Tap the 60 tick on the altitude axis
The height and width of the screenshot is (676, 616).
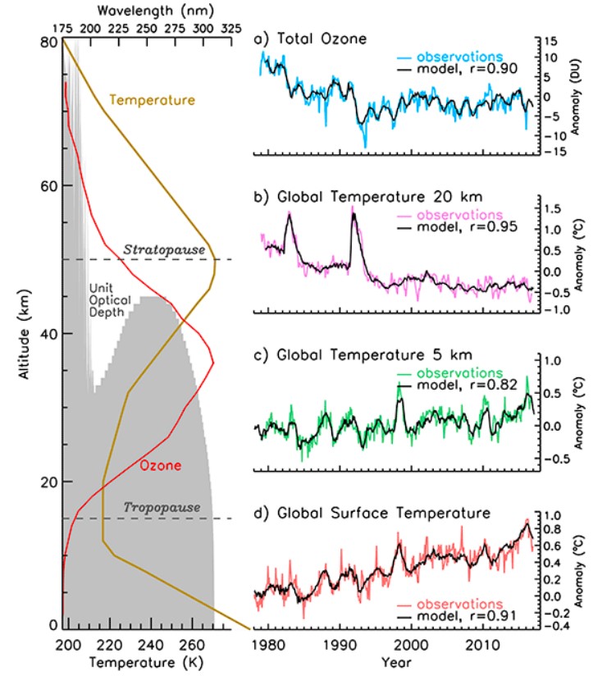[x=47, y=186]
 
